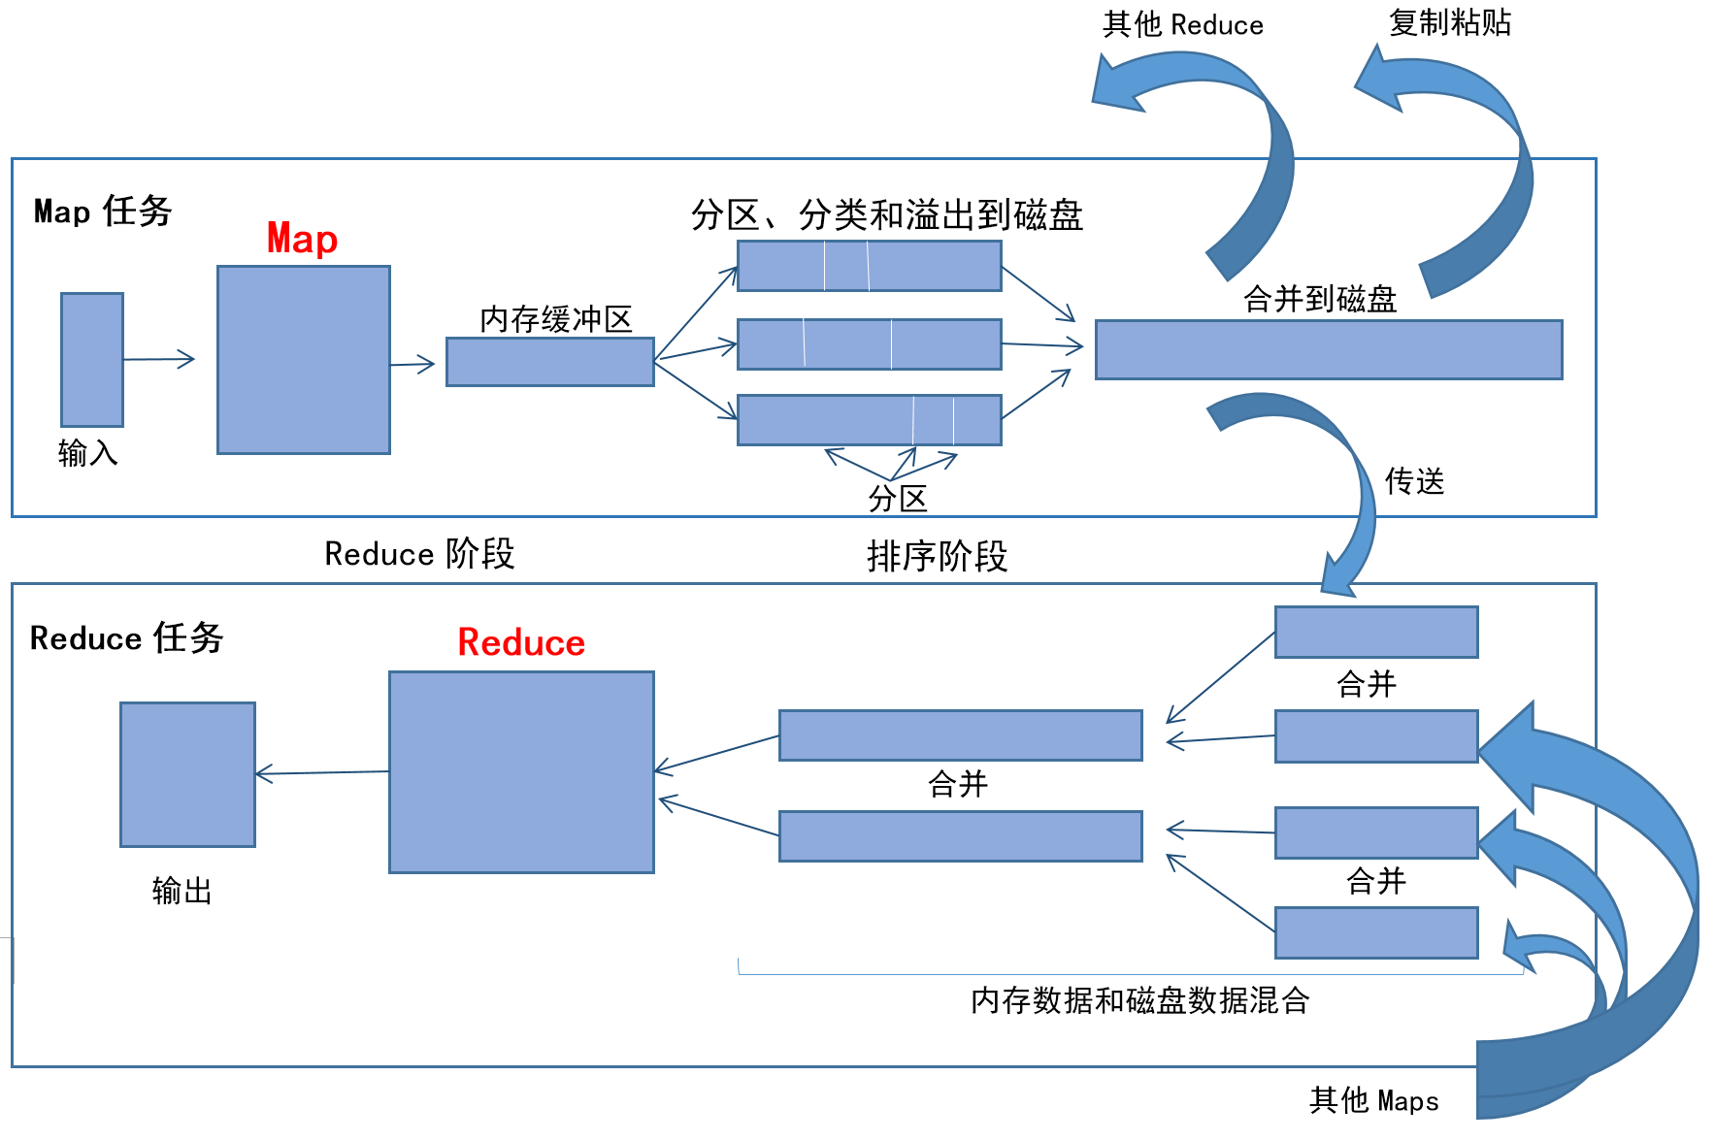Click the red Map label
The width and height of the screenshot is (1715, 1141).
click(302, 239)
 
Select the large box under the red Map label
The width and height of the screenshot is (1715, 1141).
click(304, 360)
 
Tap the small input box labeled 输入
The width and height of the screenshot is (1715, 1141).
click(92, 359)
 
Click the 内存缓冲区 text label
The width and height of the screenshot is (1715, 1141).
click(555, 319)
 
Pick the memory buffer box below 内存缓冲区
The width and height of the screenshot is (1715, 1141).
click(549, 362)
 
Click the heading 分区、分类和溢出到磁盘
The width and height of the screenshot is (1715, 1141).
click(886, 215)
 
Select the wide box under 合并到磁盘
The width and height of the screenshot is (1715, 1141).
click(1328, 349)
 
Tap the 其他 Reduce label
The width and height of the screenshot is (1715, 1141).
click(1182, 25)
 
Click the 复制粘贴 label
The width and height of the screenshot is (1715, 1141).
click(1449, 22)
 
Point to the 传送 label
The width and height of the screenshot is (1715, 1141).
click(1414, 481)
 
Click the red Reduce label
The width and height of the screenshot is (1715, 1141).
click(521, 642)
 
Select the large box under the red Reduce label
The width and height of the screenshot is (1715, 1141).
click(521, 772)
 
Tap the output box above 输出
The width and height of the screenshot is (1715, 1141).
click(187, 774)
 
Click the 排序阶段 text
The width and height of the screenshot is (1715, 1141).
click(937, 557)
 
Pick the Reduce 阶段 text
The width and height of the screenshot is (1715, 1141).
click(419, 554)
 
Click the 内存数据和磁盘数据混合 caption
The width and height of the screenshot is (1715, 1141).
click(1139, 1000)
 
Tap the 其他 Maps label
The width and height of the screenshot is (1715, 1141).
click(1373, 1100)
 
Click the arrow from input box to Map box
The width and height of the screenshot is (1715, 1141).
click(159, 360)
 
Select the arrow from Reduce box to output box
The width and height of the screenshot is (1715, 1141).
click(322, 773)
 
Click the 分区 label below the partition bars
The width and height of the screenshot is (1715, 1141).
click(897, 499)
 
